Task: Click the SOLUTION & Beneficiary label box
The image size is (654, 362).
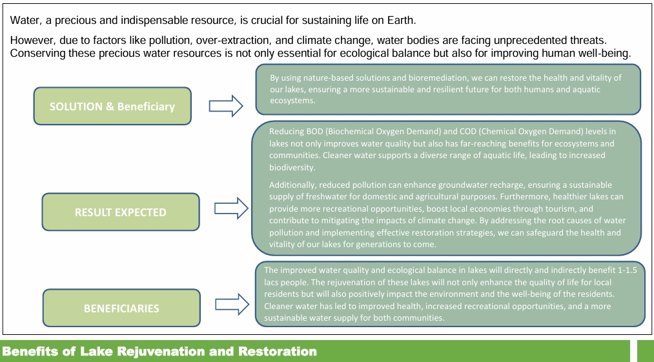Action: (x=112, y=106)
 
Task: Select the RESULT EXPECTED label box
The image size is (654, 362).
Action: (x=121, y=212)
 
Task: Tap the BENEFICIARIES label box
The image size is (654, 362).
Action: (x=121, y=308)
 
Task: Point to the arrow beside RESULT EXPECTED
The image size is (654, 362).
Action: (x=231, y=208)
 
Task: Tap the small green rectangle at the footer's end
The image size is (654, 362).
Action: (x=645, y=351)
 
